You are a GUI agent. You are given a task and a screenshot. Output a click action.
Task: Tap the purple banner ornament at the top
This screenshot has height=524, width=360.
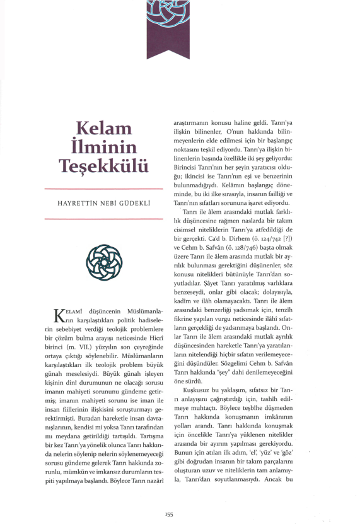168,28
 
